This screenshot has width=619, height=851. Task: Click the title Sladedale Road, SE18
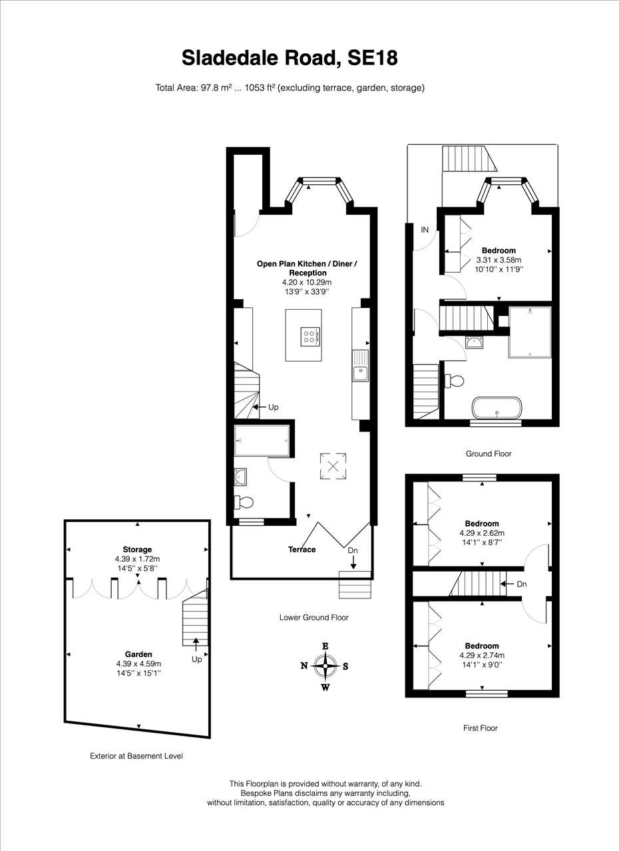click(x=290, y=58)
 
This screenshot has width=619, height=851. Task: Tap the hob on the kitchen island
click(x=311, y=336)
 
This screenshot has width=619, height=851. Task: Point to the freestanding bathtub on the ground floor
click(x=497, y=408)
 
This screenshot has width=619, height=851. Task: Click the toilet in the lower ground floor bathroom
click(x=244, y=503)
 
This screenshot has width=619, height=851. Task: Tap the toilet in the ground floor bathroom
click(x=454, y=381)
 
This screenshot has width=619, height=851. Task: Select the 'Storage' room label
click(x=137, y=549)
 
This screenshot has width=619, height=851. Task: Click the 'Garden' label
click(x=138, y=654)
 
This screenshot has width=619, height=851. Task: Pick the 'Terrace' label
click(x=302, y=549)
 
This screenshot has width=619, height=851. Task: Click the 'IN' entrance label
click(x=425, y=229)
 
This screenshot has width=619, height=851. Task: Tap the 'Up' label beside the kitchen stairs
click(x=273, y=408)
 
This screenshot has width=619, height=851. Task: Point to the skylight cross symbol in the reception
click(x=333, y=466)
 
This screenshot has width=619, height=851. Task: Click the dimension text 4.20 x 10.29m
click(x=307, y=283)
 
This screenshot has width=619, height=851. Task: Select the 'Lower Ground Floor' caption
click(x=313, y=618)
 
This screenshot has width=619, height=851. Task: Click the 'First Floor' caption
click(x=480, y=728)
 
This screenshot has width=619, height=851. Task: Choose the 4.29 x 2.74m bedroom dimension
click(x=482, y=655)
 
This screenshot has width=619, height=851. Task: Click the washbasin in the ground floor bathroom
click(x=474, y=342)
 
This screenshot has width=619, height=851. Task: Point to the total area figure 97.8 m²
click(x=216, y=88)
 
